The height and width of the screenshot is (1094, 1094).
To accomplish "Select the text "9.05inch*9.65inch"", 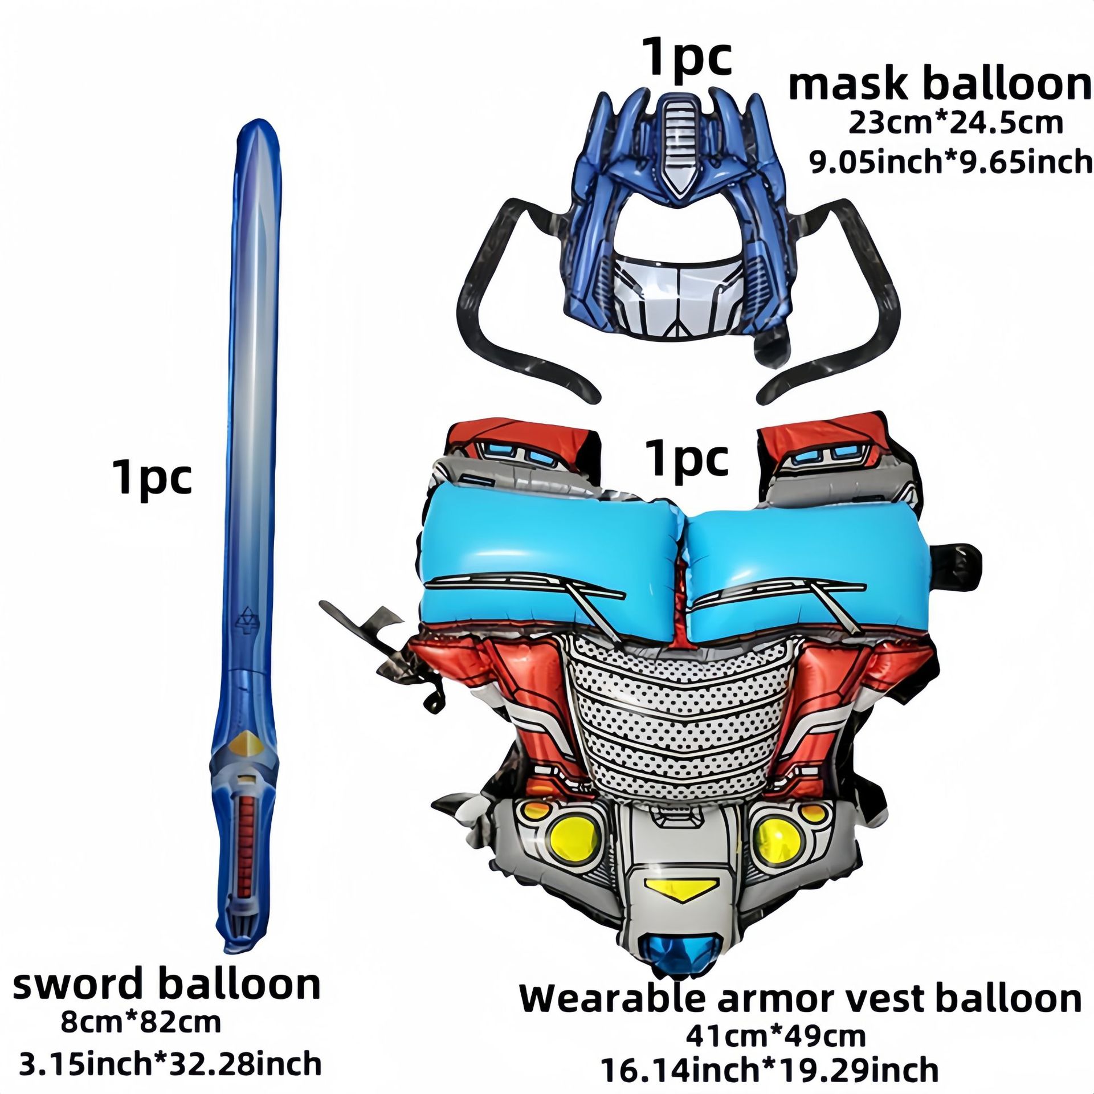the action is click(x=951, y=162).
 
